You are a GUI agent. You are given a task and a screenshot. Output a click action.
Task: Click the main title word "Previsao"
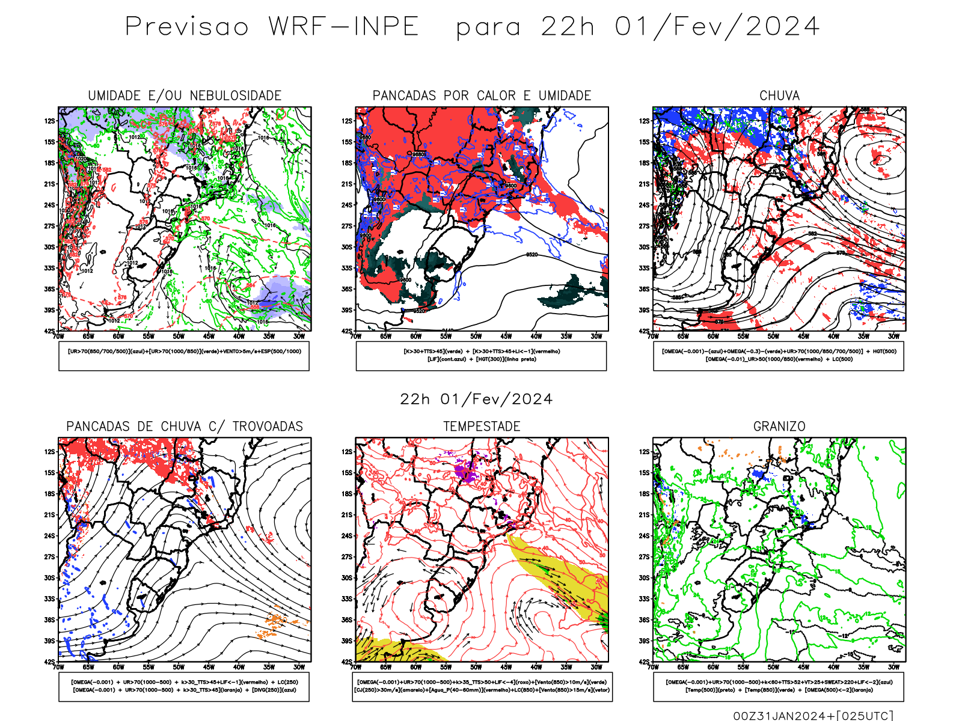186,26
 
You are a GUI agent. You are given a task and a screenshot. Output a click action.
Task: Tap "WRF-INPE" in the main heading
343,26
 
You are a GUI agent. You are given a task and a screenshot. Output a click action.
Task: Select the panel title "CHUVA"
779,96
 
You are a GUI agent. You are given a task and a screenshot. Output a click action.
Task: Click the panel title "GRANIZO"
779,426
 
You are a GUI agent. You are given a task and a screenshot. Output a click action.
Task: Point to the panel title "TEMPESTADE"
482,426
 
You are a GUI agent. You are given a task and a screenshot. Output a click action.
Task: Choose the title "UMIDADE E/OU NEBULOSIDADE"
185,96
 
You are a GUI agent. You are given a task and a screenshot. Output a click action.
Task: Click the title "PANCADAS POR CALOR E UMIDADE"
482,96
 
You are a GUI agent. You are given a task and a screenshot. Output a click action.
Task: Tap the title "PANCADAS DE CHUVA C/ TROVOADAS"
185,426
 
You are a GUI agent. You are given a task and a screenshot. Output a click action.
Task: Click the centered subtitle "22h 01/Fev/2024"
476,399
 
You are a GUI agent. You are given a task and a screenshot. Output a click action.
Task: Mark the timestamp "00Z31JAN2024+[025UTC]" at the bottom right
813,715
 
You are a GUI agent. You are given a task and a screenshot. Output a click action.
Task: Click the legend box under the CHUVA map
779,356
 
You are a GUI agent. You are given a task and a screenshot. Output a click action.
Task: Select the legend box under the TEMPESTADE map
482,686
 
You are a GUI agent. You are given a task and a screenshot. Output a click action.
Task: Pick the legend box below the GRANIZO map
779,686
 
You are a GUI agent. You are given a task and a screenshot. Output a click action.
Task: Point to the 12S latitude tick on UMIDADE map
49,121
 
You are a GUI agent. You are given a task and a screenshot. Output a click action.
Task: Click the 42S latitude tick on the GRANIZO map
644,662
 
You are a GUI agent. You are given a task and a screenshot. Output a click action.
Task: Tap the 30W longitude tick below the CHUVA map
894,336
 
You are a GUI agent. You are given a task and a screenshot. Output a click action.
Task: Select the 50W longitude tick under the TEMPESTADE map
476,667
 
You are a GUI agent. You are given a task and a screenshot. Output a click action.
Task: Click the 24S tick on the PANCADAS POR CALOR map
347,205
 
